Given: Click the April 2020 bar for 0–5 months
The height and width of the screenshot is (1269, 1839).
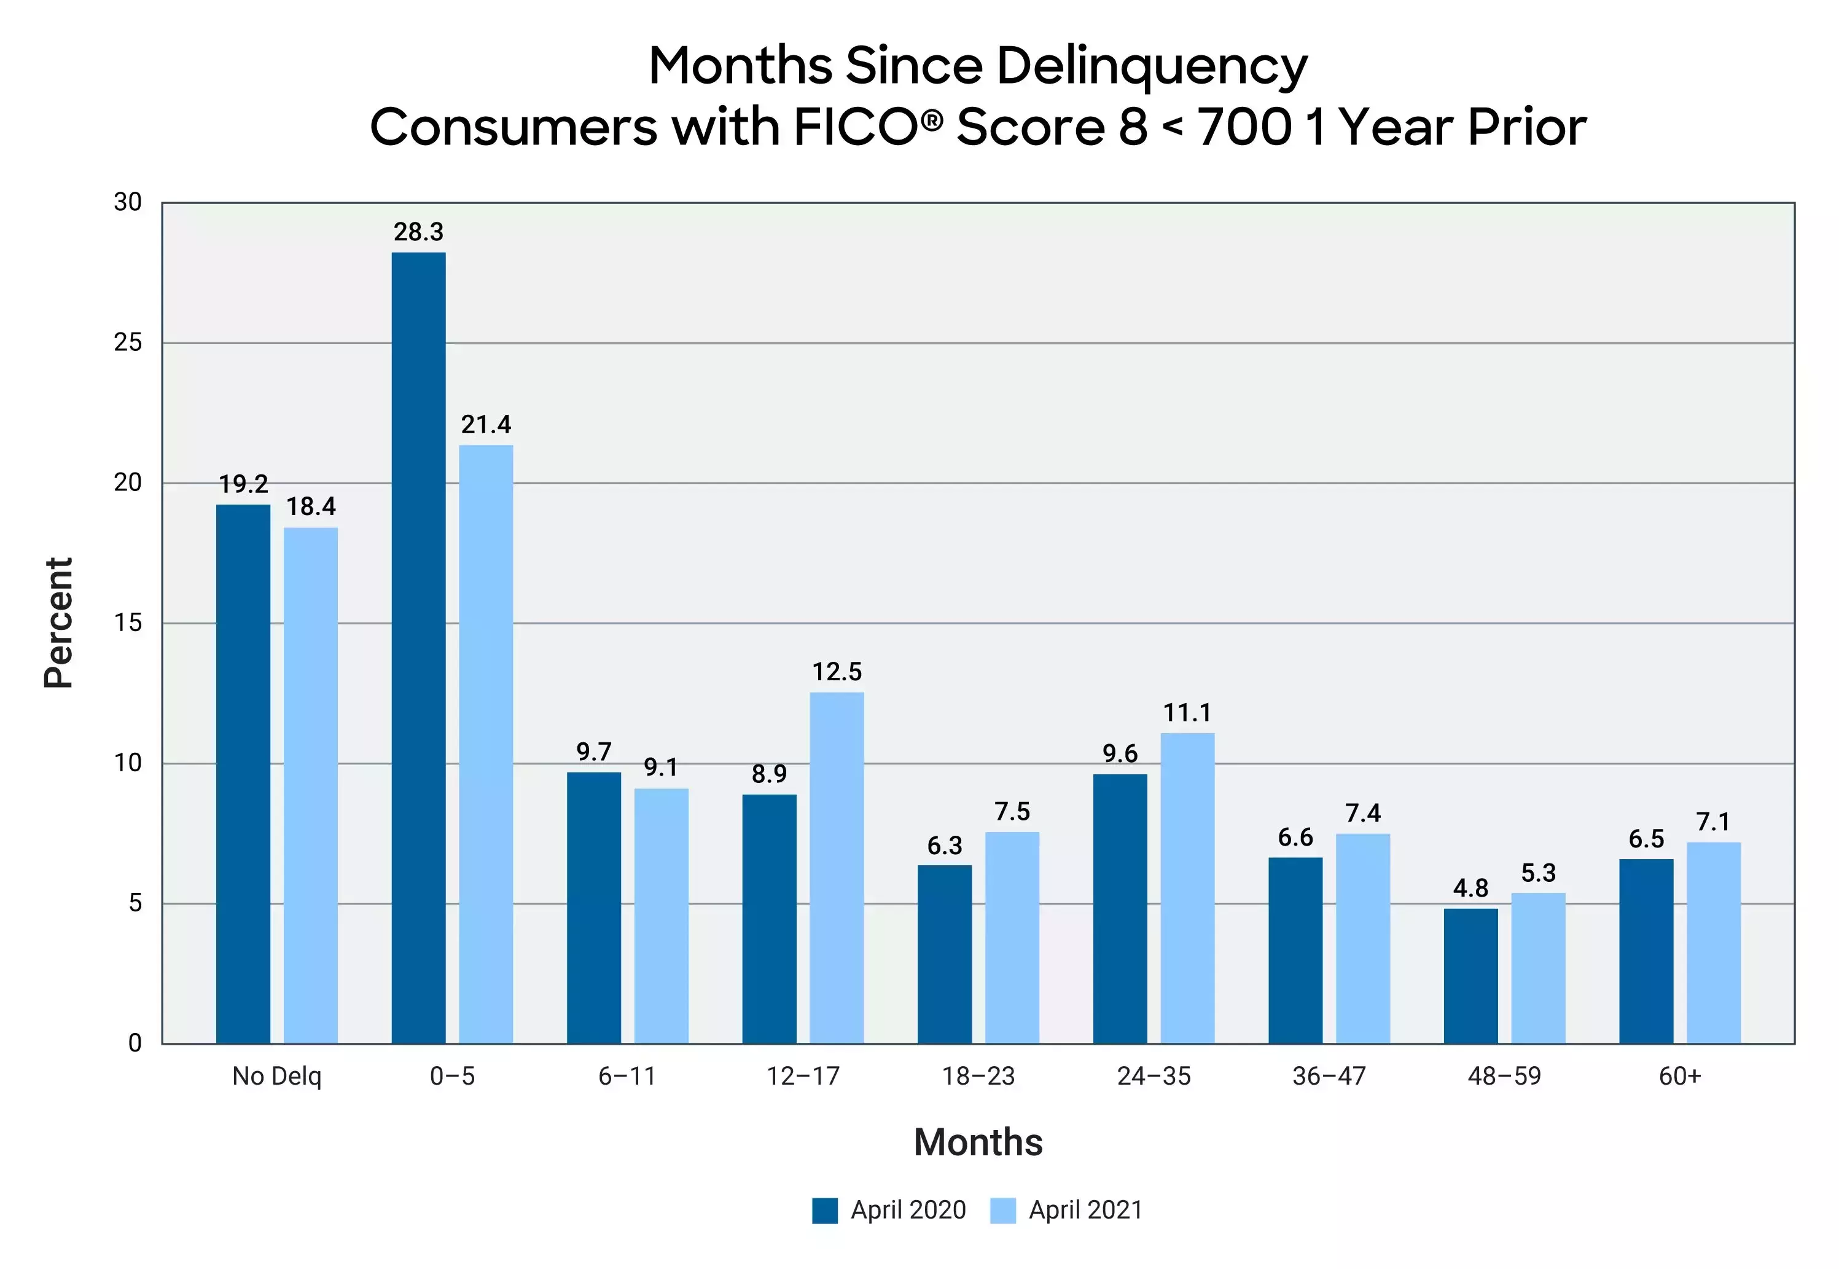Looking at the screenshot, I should [x=418, y=647].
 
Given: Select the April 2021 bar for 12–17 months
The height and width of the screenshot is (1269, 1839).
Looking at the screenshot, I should [x=836, y=868].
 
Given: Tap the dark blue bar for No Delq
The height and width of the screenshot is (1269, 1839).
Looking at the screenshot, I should [x=243, y=774].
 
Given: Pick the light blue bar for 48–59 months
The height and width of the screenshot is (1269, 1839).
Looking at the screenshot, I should [x=1538, y=968].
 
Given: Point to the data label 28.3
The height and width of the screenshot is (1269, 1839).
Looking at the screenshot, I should [x=418, y=232].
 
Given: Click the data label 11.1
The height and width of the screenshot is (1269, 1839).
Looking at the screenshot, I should [x=1187, y=712].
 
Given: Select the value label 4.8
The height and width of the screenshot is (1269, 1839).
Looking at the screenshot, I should [x=1470, y=888].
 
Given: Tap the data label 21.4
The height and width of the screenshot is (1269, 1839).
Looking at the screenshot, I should [x=486, y=425].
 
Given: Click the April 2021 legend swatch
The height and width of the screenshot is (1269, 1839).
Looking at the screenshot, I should [x=1002, y=1210].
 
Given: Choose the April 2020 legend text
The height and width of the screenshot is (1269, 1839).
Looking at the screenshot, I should [x=908, y=1210].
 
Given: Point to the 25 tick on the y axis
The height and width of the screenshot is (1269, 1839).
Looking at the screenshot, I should [x=128, y=343].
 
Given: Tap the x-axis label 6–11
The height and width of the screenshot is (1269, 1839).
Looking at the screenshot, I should [x=627, y=1077].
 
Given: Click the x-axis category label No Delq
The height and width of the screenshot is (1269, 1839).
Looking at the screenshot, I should [x=276, y=1077].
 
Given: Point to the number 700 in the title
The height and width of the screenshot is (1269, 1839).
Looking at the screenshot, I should [x=1244, y=127].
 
